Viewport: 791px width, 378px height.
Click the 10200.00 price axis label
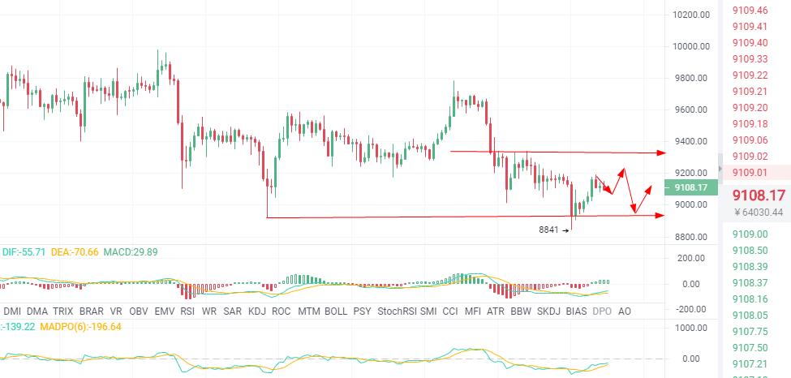[x=691, y=15]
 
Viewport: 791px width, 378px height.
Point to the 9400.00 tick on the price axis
[x=691, y=141]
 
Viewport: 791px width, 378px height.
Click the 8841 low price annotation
[x=549, y=230]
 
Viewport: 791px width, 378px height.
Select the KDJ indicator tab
[x=257, y=311]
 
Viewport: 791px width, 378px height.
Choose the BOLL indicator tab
[x=336, y=311]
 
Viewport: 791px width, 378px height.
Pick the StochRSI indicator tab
[x=397, y=311]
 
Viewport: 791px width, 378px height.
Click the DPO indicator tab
[x=602, y=311]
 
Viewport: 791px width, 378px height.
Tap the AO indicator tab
[x=625, y=311]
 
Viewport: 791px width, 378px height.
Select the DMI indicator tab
[x=13, y=311]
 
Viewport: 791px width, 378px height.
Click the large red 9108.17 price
[x=759, y=195]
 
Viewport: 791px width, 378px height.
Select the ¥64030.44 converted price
[x=759, y=213]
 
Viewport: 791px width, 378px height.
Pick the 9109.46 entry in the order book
[x=750, y=11]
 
